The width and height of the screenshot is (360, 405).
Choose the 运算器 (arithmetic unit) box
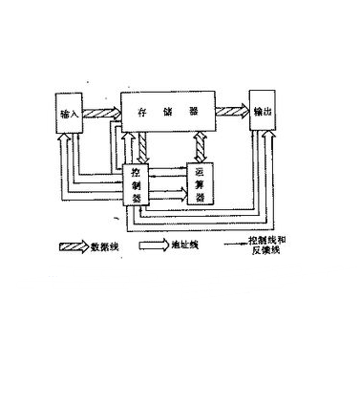[x=200, y=184]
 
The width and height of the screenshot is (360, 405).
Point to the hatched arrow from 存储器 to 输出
[x=231, y=112]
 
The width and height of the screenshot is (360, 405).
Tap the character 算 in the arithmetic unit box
[x=200, y=184]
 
